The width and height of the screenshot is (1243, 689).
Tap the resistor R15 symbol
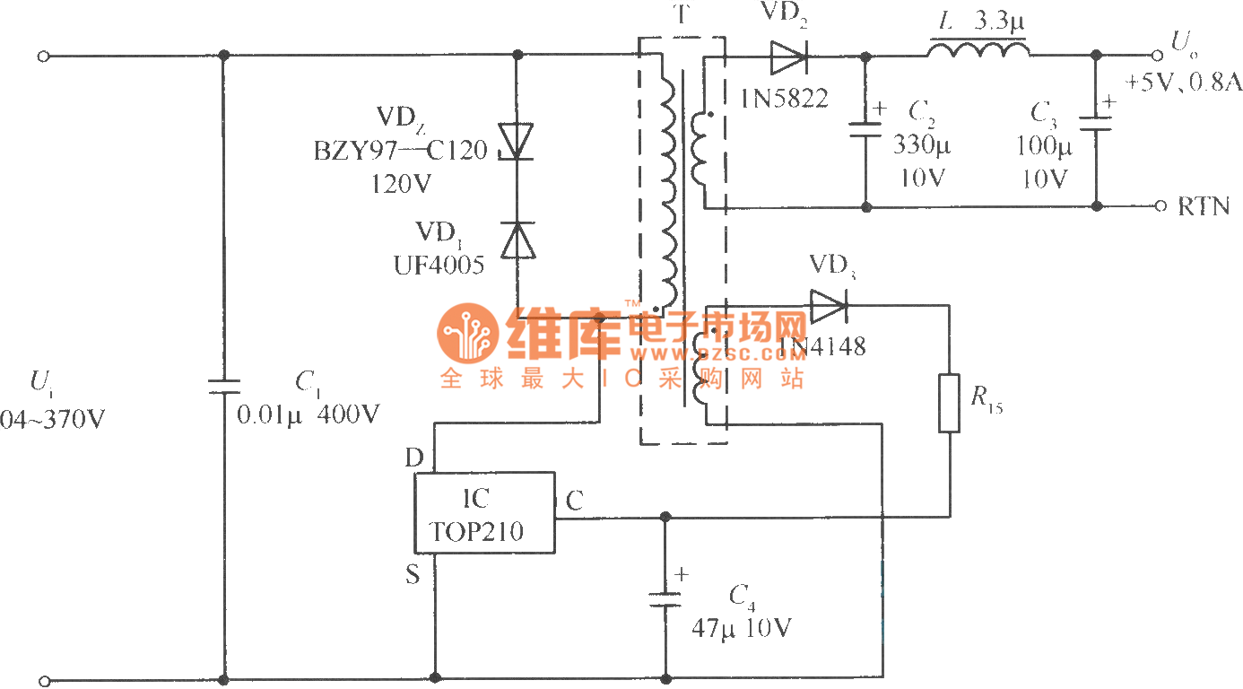click(x=950, y=403)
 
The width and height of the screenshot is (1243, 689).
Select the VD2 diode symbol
click(x=788, y=57)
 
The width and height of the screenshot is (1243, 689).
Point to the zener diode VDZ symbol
click(x=517, y=144)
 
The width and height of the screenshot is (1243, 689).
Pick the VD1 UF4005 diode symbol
click(x=517, y=240)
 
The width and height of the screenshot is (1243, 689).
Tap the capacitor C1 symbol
click(x=223, y=387)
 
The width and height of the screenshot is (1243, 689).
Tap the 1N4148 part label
click(x=821, y=346)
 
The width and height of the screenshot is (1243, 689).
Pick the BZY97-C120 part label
click(x=400, y=150)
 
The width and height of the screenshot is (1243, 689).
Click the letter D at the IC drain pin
click(x=413, y=458)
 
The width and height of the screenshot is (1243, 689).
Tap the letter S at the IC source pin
click(x=413, y=574)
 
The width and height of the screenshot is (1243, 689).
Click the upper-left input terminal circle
click(x=43, y=57)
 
